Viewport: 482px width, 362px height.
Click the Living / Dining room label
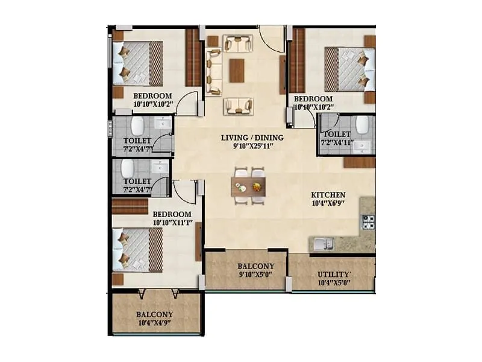[x=252, y=138]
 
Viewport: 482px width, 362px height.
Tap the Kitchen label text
[x=328, y=195]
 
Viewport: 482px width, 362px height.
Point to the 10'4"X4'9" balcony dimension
[x=155, y=323]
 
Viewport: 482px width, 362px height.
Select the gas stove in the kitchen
[x=368, y=223]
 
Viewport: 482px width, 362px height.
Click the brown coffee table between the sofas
[x=237, y=71]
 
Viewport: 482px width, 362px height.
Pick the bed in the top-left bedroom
[x=137, y=63]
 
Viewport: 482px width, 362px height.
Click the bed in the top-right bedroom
[x=350, y=69]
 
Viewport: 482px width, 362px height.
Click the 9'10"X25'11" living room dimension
[x=252, y=146]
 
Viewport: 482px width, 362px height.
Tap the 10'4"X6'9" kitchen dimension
[x=328, y=204]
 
